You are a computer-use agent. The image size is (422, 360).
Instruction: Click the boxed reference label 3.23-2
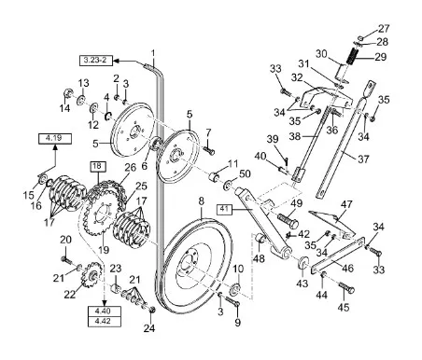95,60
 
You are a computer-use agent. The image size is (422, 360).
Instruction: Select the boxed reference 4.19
55,138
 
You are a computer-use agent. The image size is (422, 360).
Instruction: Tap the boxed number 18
98,166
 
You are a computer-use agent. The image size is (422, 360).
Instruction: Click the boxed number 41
224,209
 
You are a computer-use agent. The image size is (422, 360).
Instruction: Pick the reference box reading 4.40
104,312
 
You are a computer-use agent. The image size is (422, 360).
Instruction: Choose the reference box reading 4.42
104,322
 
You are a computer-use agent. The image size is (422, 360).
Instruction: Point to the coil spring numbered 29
351,56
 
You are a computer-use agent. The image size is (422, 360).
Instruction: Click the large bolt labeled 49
288,220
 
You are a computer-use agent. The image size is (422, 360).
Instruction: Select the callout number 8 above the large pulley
202,201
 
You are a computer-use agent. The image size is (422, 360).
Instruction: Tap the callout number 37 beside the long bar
363,159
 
